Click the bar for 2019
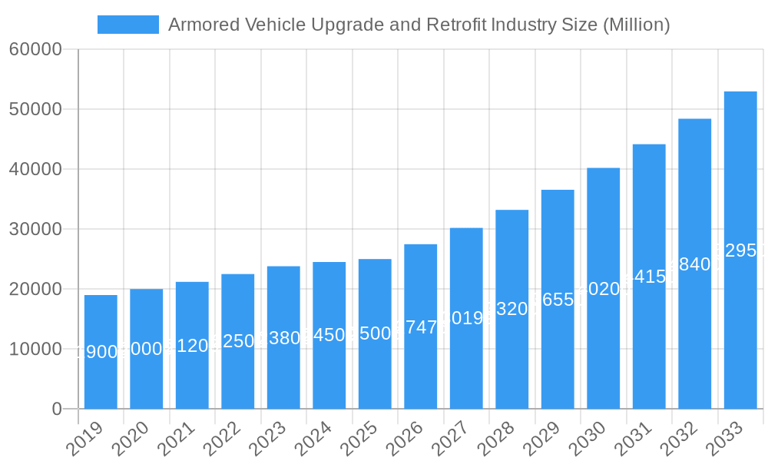tap(101, 352)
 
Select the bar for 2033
tap(740, 250)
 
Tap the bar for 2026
tap(421, 327)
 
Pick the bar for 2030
tap(604, 288)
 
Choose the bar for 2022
tap(238, 341)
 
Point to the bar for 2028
tap(512, 309)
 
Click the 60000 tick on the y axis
tap(35, 49)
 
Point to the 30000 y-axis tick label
tap(35, 229)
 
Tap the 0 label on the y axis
tap(57, 409)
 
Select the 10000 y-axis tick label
tap(35, 349)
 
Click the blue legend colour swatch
tap(128, 25)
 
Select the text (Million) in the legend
tap(636, 25)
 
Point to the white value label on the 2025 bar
tap(375, 333)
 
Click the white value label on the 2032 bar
tap(694, 264)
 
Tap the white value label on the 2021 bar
tap(192, 346)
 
